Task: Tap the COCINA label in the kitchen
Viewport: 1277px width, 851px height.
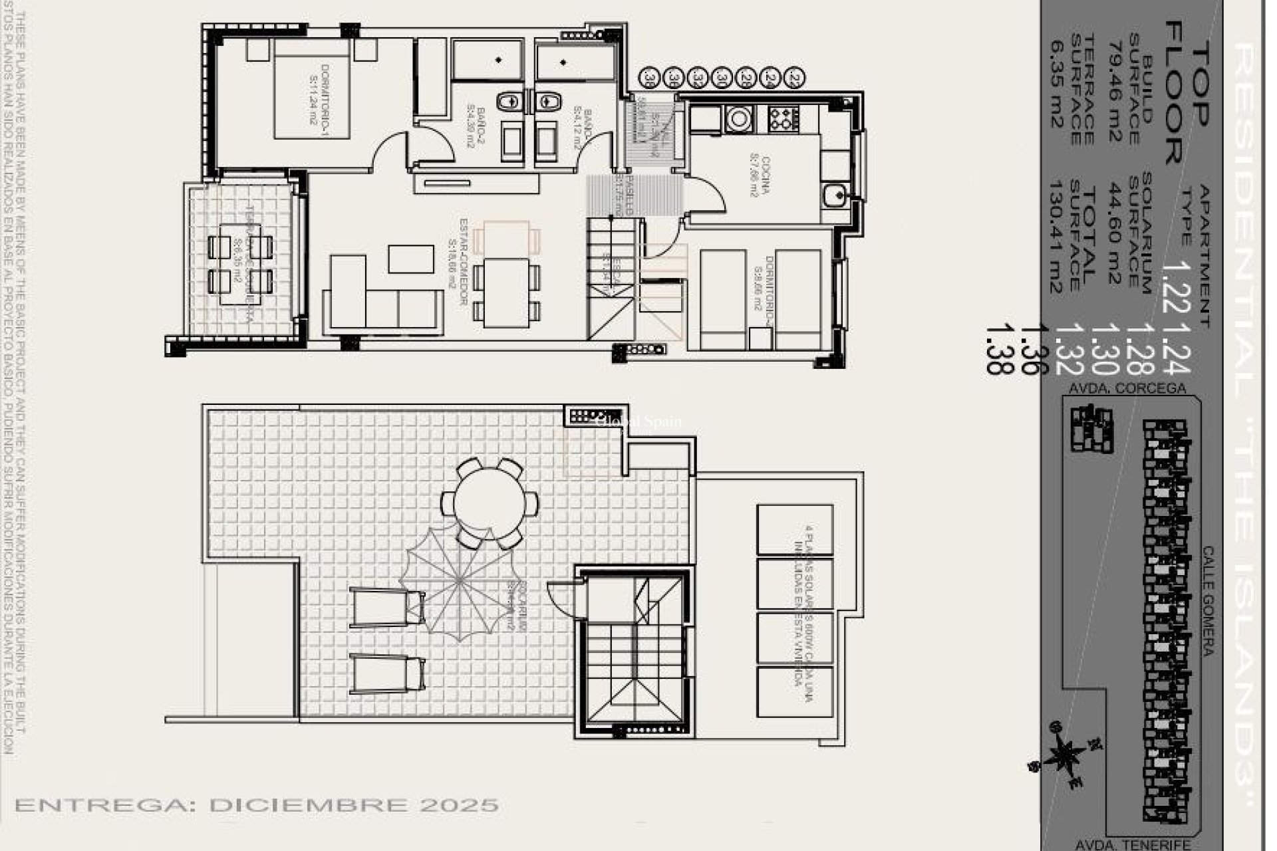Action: coord(758,177)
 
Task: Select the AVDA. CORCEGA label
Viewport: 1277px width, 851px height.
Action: coord(1125,388)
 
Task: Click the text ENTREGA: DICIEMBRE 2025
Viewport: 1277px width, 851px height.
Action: coord(257,806)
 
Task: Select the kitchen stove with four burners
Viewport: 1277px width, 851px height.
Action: coord(783,119)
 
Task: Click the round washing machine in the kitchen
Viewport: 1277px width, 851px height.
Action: coord(739,119)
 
